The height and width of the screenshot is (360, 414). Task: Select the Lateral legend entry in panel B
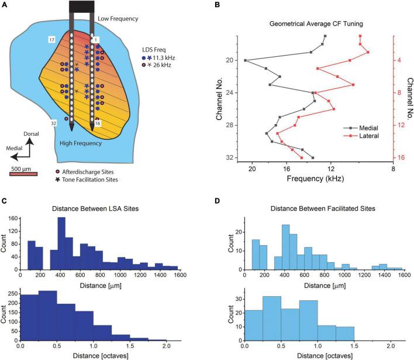pyautogui.click(x=358, y=135)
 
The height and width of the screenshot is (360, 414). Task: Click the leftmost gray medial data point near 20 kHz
pyautogui.click(x=246, y=60)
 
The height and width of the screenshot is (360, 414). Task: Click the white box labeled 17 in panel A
pyautogui.click(x=52, y=40)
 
